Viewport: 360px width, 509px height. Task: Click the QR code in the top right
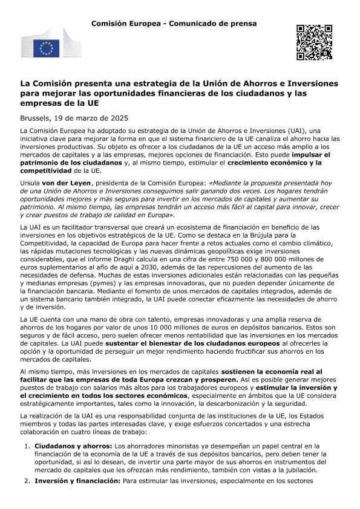(315, 42)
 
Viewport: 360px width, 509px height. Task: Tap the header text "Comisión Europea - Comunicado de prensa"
(174, 24)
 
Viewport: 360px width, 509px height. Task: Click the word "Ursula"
(32, 200)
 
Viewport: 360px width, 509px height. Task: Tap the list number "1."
(27, 446)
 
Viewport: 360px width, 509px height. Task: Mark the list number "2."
(27, 482)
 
